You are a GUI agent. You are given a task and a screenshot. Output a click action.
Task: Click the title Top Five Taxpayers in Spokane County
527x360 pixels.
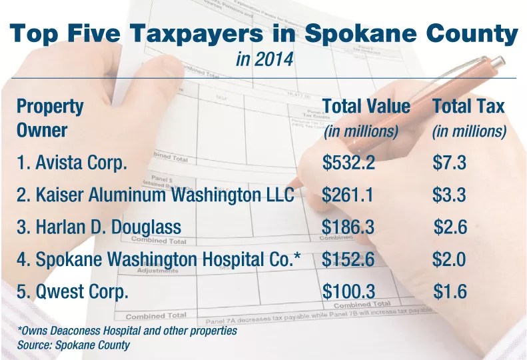pos(264,34)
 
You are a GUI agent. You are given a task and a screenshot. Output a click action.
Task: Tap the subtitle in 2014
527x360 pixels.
pos(264,59)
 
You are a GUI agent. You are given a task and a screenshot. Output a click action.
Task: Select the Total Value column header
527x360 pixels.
pos(366,107)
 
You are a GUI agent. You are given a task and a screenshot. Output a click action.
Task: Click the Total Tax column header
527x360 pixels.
pos(468,107)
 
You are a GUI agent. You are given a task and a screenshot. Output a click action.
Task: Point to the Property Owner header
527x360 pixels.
pos(50,118)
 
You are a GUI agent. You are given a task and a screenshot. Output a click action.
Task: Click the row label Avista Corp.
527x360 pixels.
pos(72,163)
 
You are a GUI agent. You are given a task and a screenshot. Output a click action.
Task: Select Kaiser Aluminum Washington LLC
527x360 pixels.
pos(155,195)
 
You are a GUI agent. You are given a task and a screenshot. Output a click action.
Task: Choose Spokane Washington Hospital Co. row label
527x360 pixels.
pos(159,259)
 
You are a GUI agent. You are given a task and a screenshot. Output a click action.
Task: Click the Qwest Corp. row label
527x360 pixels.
pos(73,291)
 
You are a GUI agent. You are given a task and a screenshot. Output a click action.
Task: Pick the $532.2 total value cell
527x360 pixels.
pos(348,163)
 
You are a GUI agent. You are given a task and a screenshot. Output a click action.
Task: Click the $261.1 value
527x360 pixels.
pos(348,195)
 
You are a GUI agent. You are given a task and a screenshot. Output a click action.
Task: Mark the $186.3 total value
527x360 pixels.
pos(348,227)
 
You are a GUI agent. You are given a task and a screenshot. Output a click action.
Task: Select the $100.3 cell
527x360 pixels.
pos(348,291)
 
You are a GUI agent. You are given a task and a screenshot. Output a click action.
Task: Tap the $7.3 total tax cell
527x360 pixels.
pos(449,163)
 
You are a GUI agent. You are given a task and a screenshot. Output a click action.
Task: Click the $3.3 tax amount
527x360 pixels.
pos(449,195)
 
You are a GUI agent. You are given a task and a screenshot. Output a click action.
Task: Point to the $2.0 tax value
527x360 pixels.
pos(449,259)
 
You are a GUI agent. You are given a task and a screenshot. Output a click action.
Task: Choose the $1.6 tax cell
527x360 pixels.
pos(450,291)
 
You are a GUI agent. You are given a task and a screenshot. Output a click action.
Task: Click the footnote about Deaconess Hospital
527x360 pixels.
pos(127,331)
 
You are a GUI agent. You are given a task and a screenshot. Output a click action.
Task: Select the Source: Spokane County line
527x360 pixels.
pos(73,345)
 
